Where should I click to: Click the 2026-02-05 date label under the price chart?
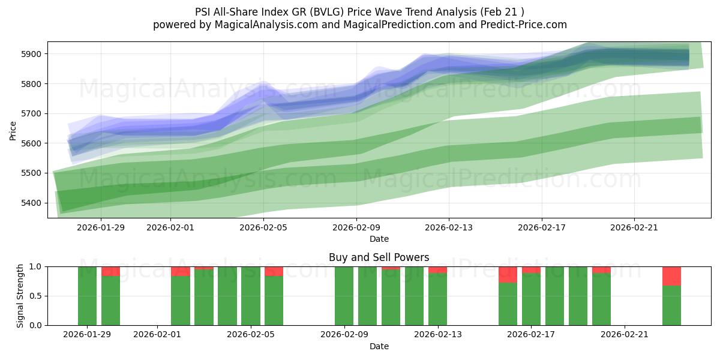click(x=263, y=227)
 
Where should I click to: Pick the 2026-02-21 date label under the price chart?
click(x=634, y=227)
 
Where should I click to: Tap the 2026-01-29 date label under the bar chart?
click(x=87, y=334)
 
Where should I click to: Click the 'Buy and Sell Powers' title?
click(x=379, y=257)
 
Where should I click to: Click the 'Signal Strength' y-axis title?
click(x=20, y=295)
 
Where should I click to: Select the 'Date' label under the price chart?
click(x=379, y=239)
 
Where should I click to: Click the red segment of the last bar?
click(x=671, y=276)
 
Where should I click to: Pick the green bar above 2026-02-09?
click(x=344, y=296)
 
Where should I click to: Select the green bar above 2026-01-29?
click(x=87, y=296)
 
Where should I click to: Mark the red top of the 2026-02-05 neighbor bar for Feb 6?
click(x=274, y=271)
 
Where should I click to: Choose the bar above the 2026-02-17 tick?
click(x=531, y=299)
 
